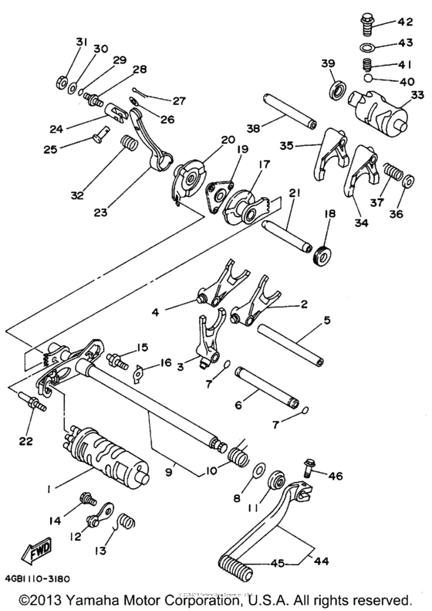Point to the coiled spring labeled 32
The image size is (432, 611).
(x=127, y=144)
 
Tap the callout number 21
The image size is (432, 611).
(x=293, y=192)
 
